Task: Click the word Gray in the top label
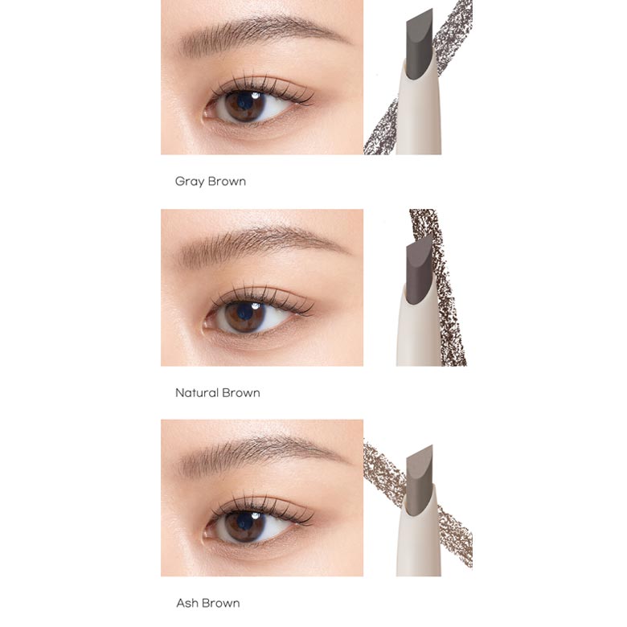[x=190, y=182]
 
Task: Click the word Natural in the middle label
[x=196, y=392]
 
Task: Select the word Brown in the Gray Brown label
[x=227, y=182]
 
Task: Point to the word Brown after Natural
[x=241, y=392]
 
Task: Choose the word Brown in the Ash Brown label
[x=221, y=603]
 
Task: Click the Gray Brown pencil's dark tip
[x=420, y=44]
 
